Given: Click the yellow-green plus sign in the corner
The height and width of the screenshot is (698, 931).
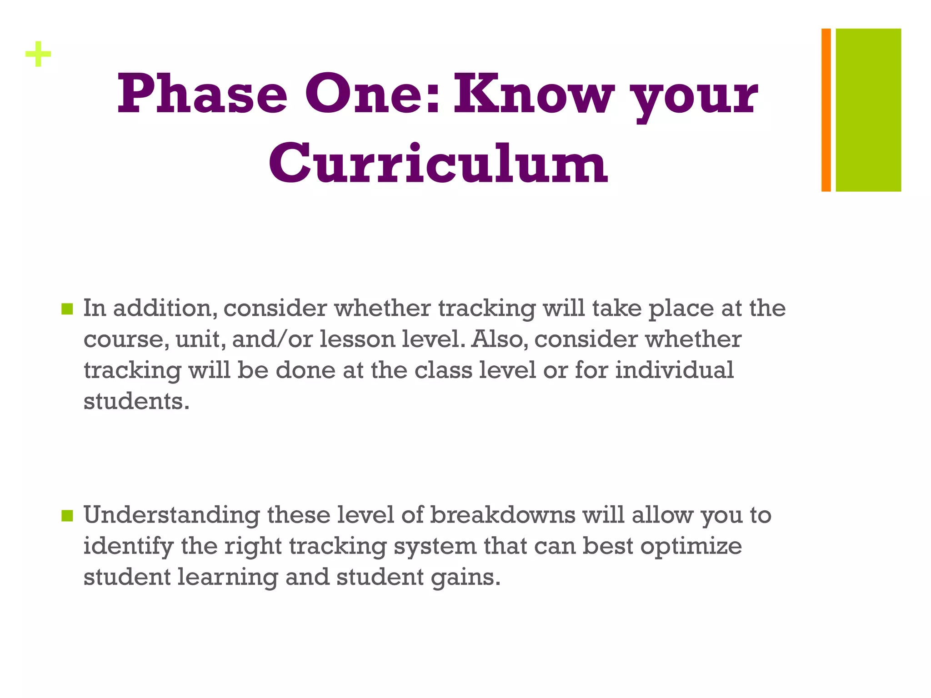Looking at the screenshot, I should (38, 55).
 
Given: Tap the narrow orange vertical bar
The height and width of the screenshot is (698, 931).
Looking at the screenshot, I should (826, 110).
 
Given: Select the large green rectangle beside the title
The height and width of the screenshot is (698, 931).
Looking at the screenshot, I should (868, 110).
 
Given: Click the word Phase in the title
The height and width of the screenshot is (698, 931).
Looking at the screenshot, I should (202, 95).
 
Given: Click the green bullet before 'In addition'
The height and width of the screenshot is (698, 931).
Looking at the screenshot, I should (67, 309).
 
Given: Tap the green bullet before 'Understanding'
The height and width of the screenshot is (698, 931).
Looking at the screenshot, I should (67, 516).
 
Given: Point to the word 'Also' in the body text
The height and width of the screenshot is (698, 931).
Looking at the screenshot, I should (499, 339).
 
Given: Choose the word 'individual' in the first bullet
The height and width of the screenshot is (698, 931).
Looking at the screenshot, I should (674, 370).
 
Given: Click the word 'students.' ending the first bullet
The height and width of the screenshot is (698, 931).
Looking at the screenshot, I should (136, 401).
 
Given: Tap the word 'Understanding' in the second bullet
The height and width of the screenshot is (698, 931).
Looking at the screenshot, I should (172, 515).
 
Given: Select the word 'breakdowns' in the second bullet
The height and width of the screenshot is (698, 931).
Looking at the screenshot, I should (503, 515).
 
